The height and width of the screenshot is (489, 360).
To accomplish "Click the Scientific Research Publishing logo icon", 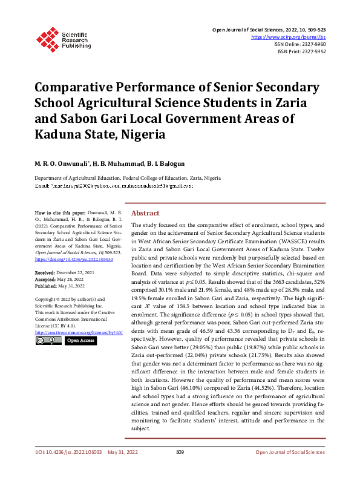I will point(47,38).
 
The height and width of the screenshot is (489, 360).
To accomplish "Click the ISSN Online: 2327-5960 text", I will point(307,44).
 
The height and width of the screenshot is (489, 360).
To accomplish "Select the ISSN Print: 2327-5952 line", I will point(308,52).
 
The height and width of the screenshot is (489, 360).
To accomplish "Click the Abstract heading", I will point(145,214).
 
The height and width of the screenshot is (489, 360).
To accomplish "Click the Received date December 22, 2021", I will point(70,274).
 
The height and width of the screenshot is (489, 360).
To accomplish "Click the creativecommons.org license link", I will point(79,333).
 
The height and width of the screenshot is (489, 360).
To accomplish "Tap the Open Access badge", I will point(80,341).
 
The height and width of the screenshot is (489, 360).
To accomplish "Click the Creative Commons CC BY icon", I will point(48,341).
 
